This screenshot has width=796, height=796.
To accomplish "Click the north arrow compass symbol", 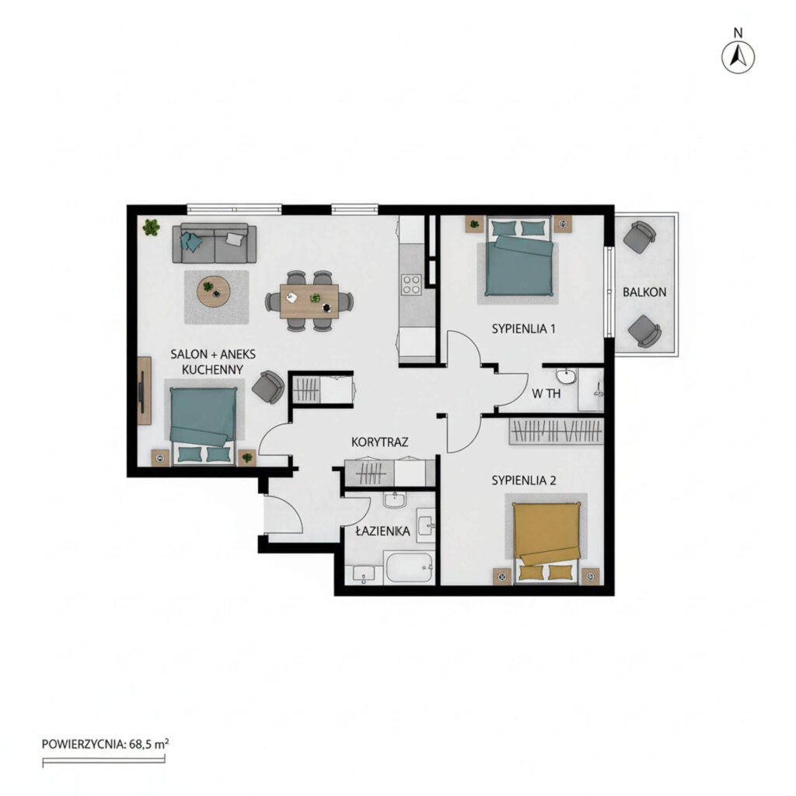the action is [738, 57].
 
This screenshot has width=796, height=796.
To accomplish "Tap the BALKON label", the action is [644, 292].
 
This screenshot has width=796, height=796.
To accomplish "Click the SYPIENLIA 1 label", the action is [523, 329].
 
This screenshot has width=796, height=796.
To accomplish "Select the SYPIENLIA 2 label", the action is [524, 480].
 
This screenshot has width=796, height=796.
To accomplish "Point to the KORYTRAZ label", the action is [379, 442].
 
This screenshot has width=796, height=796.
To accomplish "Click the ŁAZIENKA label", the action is [382, 531].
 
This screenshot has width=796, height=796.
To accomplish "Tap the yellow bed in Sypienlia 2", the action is [546, 541].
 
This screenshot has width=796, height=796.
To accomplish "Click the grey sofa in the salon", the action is [215, 243].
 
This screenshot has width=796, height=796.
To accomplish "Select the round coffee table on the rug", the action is [214, 292].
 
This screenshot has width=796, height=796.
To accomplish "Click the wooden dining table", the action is [309, 301].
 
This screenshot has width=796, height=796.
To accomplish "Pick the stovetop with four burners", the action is [411, 285].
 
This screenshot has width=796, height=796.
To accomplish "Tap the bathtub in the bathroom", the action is [409, 567].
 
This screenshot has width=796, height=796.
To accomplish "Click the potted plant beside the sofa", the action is [151, 227].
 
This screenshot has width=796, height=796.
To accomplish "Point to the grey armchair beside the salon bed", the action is [268, 387].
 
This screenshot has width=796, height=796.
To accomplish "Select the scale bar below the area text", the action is [103, 760].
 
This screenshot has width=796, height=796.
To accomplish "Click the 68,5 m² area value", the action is [148, 744].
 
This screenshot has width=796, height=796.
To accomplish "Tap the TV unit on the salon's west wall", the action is [144, 390].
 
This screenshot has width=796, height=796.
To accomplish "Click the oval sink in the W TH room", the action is [566, 376].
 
